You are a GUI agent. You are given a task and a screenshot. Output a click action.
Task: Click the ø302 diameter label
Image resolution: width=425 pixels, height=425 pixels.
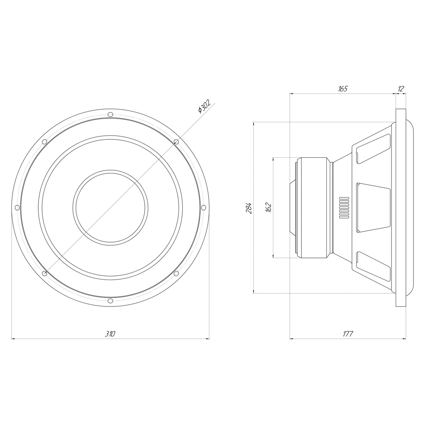pos(204,107)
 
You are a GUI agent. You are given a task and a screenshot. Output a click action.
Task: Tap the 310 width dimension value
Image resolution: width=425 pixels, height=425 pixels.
pos(110,334)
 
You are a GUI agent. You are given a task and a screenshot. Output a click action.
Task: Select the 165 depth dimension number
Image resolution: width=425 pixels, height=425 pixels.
pos(343,89)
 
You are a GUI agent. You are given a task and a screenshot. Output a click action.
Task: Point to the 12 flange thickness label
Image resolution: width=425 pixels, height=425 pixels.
pos(401,89)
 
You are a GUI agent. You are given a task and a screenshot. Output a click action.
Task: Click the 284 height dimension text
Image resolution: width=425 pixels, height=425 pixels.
pos(249,208)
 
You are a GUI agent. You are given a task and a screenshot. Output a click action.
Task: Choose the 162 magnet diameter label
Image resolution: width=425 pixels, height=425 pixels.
pos(268,207)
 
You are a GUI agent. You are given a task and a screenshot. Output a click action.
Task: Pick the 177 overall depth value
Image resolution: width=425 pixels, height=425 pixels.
pos(348,334)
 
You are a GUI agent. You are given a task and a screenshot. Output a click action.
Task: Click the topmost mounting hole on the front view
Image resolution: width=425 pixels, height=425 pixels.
pos(110,114)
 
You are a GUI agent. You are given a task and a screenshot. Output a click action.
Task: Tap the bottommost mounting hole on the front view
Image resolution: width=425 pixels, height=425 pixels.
pos(110,301)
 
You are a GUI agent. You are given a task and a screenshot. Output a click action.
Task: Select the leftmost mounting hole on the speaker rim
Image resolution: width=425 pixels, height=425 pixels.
pos(17,208)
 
